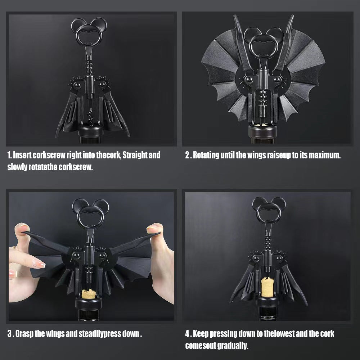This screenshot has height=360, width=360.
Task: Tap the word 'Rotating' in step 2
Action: point(206,156)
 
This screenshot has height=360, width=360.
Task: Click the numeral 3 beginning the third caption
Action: point(10,333)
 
